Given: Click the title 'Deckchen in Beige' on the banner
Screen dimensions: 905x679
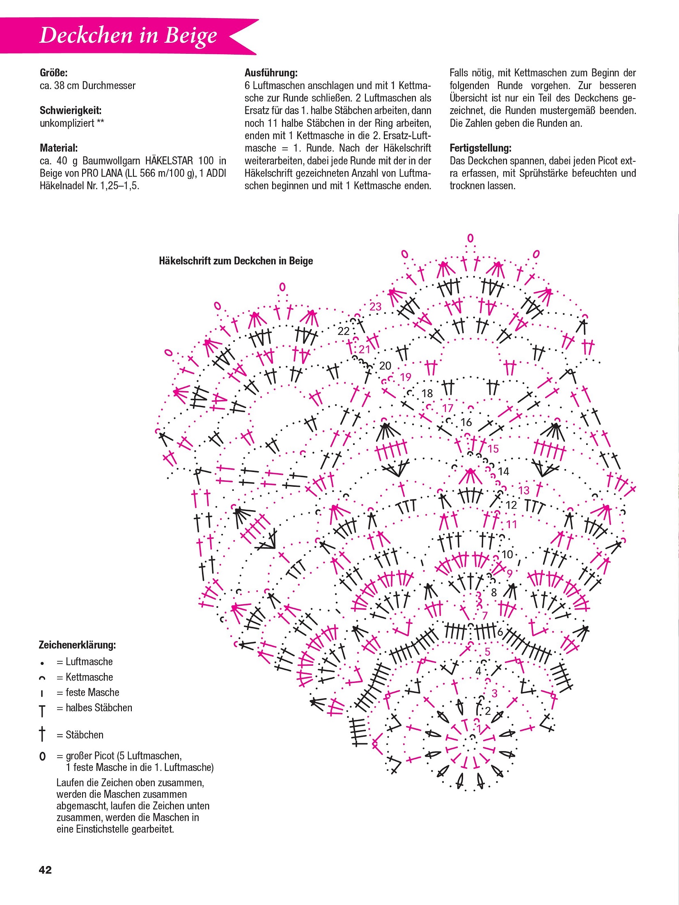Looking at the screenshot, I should pos(128,35).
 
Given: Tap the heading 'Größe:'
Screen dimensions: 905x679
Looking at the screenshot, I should pos(54,73).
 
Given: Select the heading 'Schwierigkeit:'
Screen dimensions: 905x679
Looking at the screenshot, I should pos(71,110).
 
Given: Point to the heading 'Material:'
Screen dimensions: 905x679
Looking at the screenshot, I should pos(59,148).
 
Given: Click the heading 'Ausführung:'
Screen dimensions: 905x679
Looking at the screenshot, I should pos(271,73).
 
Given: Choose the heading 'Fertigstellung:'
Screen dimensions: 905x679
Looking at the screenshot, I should pos(480,148).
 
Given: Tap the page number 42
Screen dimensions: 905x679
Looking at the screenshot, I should pos(45,870).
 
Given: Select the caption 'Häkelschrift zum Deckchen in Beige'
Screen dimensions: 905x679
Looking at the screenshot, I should pos(236,261).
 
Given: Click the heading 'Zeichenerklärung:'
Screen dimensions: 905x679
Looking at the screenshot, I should pos(77,645).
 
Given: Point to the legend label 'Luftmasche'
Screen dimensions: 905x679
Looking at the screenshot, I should pos(89,662).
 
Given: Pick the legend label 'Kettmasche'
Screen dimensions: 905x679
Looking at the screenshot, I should pos(89,677).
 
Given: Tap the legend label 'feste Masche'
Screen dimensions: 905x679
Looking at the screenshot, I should pos(92,692).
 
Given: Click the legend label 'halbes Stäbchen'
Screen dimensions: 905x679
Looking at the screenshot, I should pos(99,708).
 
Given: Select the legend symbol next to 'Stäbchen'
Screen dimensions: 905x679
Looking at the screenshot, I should pos(42,734).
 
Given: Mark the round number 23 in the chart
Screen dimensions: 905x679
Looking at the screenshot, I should pos(375,307).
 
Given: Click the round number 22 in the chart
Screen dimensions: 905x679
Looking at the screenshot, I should pos(343,331).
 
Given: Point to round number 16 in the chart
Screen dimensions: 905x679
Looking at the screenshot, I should pos(466,422).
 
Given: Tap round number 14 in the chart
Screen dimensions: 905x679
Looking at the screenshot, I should pos(503,472).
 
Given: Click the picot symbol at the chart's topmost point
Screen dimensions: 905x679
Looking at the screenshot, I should pos(470,238).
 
